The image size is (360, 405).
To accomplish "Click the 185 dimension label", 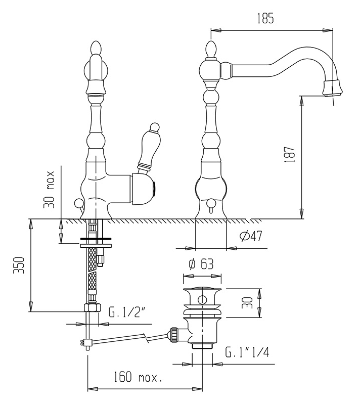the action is click(x=265, y=19).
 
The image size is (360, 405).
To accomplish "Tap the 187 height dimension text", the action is click(x=290, y=154).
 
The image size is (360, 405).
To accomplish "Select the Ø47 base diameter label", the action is click(x=251, y=236).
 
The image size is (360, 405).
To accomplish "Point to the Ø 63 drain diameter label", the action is click(x=201, y=264).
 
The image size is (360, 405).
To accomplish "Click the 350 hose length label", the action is click(x=19, y=265).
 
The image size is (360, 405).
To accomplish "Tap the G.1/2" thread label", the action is click(x=126, y=313).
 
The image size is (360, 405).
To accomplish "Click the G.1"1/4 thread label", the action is click(x=247, y=352).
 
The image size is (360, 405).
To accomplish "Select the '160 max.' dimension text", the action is click(x=138, y=377).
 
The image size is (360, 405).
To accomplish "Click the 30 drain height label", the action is click(x=247, y=302).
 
